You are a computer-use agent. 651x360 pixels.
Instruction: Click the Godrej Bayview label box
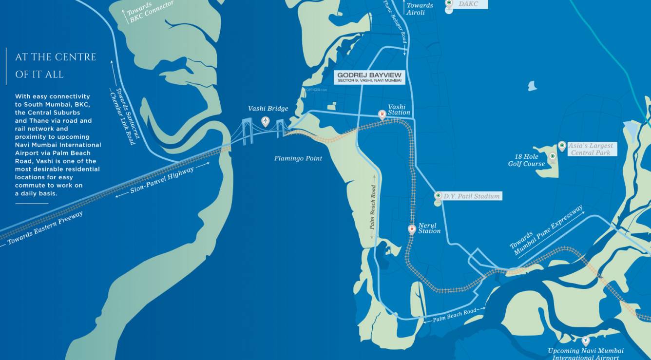point(370,77)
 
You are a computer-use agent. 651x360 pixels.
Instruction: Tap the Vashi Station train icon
point(382,114)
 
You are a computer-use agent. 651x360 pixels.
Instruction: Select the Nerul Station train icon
point(412,228)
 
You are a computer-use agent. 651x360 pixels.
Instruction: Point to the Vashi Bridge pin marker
point(265,121)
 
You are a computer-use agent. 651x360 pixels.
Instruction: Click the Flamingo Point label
point(298,158)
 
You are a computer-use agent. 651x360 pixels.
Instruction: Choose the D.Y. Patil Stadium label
point(471,196)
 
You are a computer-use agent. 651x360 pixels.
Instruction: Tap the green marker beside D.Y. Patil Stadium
point(438,196)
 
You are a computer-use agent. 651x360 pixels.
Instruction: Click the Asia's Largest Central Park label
point(590,149)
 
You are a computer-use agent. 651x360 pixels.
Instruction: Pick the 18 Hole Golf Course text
point(526,160)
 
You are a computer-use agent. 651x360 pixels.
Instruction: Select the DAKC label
point(468,4)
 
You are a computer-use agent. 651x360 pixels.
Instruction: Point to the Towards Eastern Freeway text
point(45,228)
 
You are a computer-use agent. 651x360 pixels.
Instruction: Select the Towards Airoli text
point(420,9)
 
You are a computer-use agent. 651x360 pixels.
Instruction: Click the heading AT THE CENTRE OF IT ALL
point(55,66)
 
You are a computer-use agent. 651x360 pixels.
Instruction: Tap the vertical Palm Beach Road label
point(373,207)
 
